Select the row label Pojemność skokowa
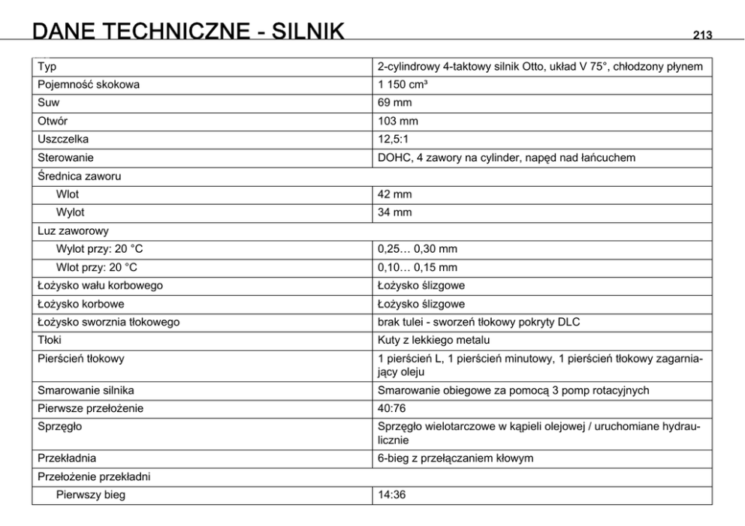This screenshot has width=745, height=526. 89,85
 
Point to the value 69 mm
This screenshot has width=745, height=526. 395,103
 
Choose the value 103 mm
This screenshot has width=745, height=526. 398,121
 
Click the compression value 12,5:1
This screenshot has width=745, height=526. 395,140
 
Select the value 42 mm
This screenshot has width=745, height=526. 395,194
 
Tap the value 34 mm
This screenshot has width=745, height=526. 395,212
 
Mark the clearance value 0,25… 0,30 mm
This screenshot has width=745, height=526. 418,249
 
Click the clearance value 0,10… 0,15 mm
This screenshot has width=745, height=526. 418,267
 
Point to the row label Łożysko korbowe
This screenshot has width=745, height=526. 81,304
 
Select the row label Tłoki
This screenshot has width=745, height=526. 50,340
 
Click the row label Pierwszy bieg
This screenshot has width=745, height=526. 91,494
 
